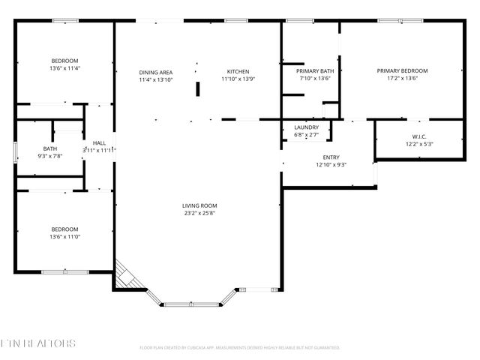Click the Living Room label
click(x=199, y=205)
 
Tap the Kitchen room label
click(x=238, y=71)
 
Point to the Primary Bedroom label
click(x=407, y=70)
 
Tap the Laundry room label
click(x=306, y=127)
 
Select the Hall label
click(x=99, y=142)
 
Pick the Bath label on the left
click(x=49, y=148)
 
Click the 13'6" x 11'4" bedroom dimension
click(x=64, y=68)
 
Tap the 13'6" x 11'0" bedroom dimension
click(x=64, y=237)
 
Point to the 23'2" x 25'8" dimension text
click(x=199, y=213)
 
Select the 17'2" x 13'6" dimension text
click(x=407, y=78)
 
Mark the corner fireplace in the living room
click(x=126, y=275)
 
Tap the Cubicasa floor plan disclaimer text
click(x=240, y=348)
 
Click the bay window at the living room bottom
click(x=193, y=304)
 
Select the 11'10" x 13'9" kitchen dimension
click(x=238, y=79)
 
